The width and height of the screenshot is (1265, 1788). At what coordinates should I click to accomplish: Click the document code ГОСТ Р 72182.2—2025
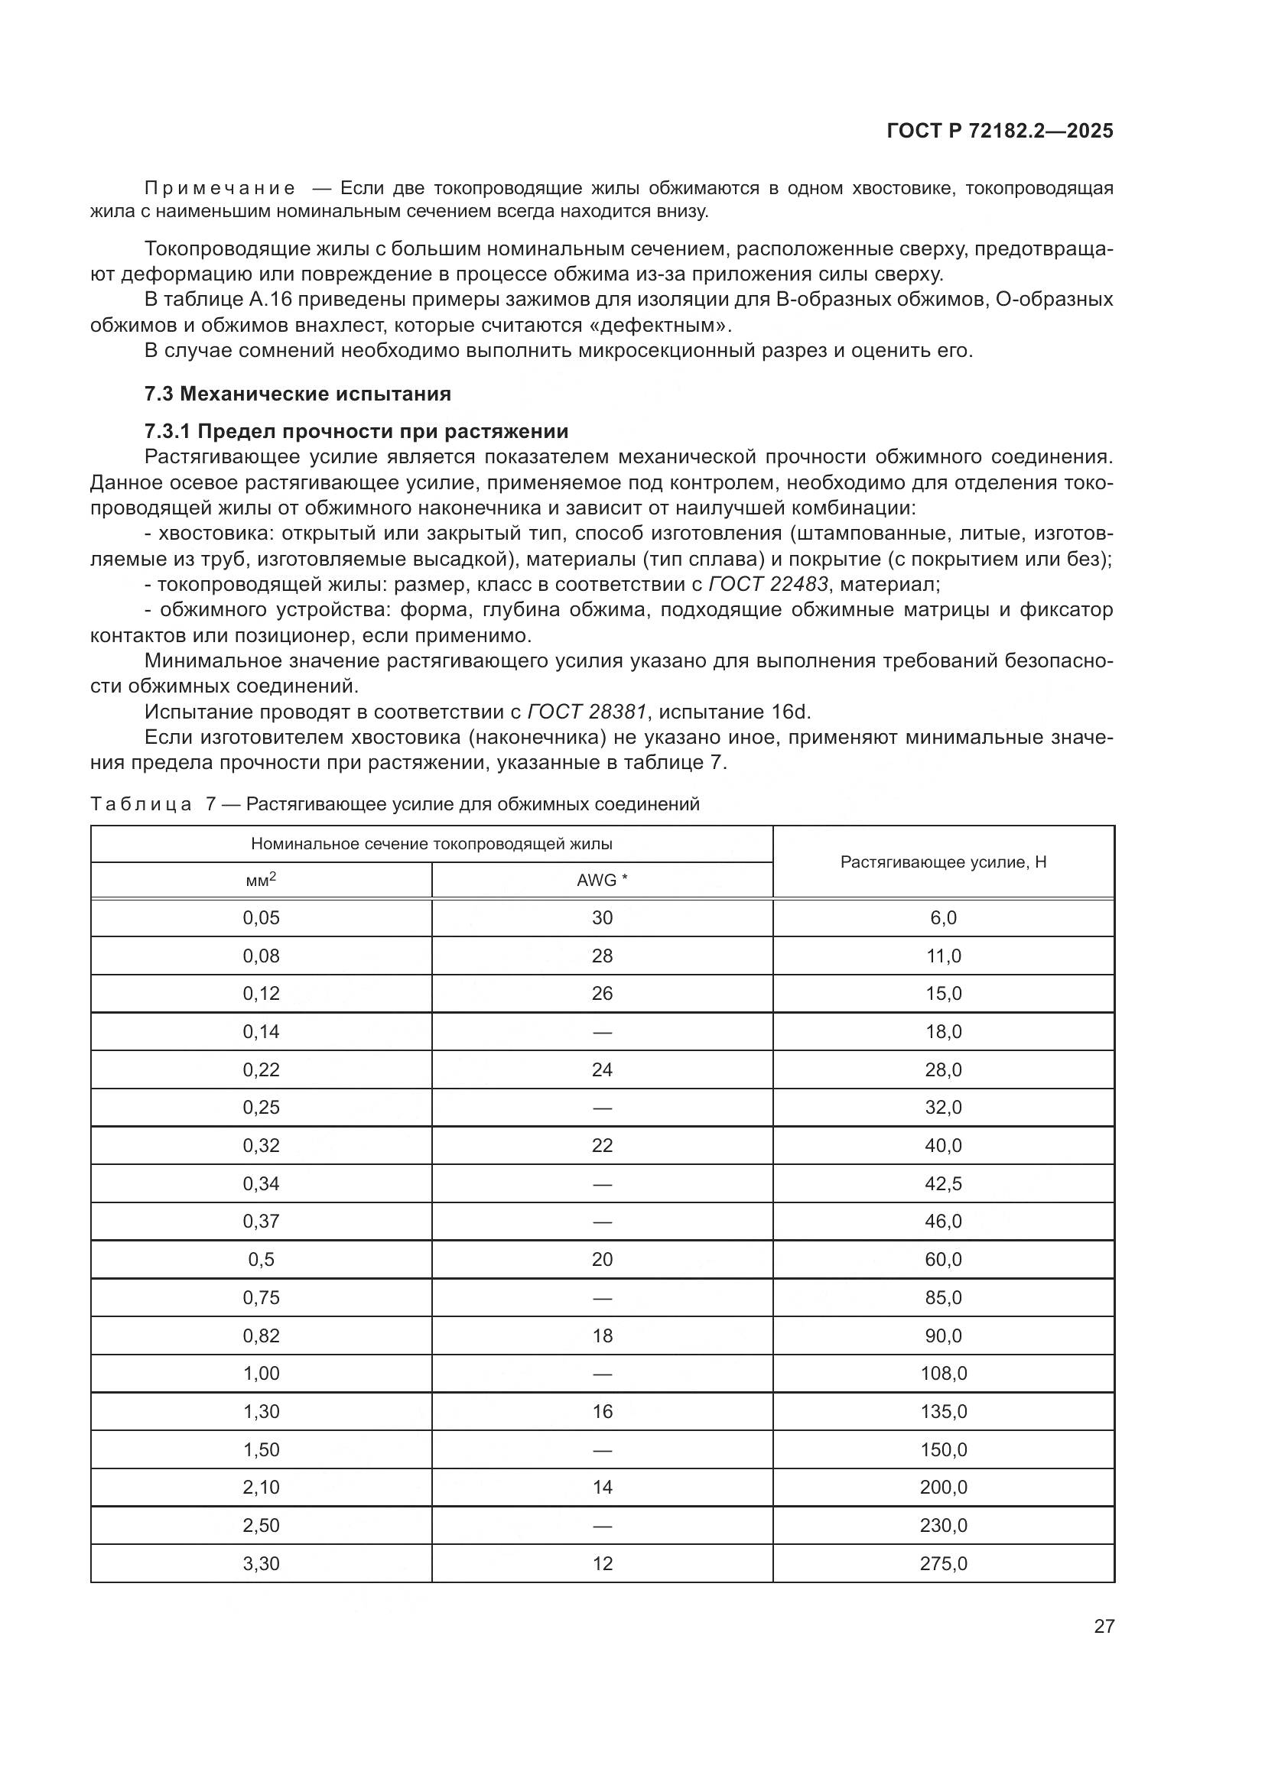click(1000, 131)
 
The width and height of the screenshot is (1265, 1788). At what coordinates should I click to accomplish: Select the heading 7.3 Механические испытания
click(298, 394)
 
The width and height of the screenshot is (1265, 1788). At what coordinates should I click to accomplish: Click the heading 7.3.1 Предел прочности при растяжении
click(356, 431)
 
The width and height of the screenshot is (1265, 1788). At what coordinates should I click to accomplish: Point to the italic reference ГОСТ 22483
click(767, 584)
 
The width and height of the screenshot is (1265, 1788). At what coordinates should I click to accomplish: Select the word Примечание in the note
click(220, 189)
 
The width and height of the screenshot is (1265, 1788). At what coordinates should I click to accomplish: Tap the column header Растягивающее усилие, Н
click(942, 862)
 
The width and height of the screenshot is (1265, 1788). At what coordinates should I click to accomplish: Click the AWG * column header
click(601, 881)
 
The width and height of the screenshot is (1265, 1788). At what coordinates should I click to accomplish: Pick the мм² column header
click(261, 881)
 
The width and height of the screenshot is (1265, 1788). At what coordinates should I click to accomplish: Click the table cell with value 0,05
click(261, 918)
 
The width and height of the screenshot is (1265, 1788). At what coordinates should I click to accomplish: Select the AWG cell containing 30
click(601, 918)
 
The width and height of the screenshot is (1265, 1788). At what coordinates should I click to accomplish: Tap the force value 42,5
click(942, 1183)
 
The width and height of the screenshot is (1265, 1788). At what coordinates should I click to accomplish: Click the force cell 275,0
click(942, 1564)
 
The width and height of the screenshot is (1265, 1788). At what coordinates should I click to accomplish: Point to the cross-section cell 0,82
click(261, 1336)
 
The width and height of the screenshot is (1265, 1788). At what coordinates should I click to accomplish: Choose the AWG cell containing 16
click(601, 1412)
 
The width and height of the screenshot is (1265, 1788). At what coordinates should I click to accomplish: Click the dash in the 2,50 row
click(601, 1526)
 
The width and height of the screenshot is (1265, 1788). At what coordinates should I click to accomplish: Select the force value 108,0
click(942, 1374)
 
